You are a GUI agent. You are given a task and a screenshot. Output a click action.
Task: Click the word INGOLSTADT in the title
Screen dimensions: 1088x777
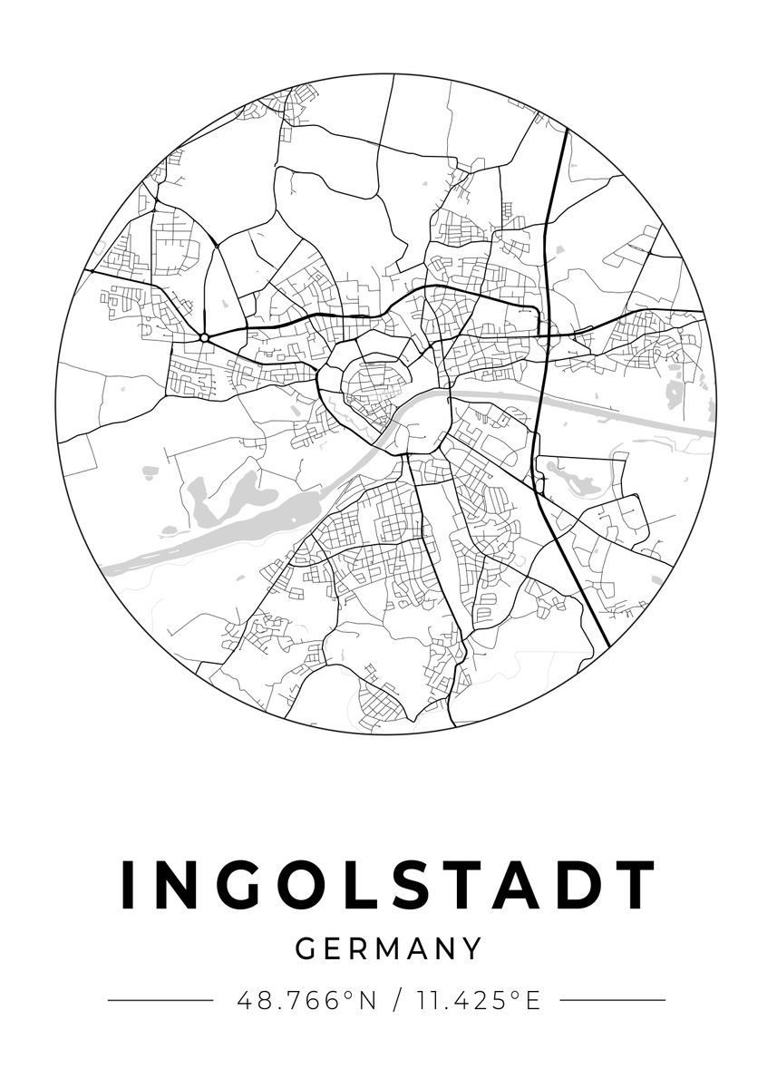click(x=388, y=884)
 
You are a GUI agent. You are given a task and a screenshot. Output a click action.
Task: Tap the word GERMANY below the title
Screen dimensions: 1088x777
click(x=388, y=949)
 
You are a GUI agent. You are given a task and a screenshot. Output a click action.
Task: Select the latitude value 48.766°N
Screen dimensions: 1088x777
click(x=306, y=1001)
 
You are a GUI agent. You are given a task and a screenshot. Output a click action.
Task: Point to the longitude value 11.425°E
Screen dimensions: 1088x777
click(x=478, y=1001)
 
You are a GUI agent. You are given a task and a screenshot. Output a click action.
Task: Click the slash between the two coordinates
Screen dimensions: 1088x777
click(x=396, y=1001)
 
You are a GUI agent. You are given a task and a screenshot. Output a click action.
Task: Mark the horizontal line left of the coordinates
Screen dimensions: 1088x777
click(x=160, y=1001)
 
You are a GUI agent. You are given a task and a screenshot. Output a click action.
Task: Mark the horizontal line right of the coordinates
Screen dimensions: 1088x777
click(x=613, y=1001)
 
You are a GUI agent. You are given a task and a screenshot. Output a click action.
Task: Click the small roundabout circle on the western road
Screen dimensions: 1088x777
click(x=205, y=337)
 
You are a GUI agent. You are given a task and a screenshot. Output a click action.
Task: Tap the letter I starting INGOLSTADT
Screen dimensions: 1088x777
click(x=128, y=884)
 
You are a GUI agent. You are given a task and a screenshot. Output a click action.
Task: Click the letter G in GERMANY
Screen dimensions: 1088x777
click(x=306, y=949)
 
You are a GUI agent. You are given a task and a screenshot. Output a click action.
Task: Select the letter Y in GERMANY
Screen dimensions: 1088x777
click(x=471, y=949)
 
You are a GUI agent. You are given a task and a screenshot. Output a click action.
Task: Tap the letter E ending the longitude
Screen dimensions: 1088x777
click(x=532, y=1001)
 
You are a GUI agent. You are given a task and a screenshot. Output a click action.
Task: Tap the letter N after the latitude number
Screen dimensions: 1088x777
click(x=365, y=1001)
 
